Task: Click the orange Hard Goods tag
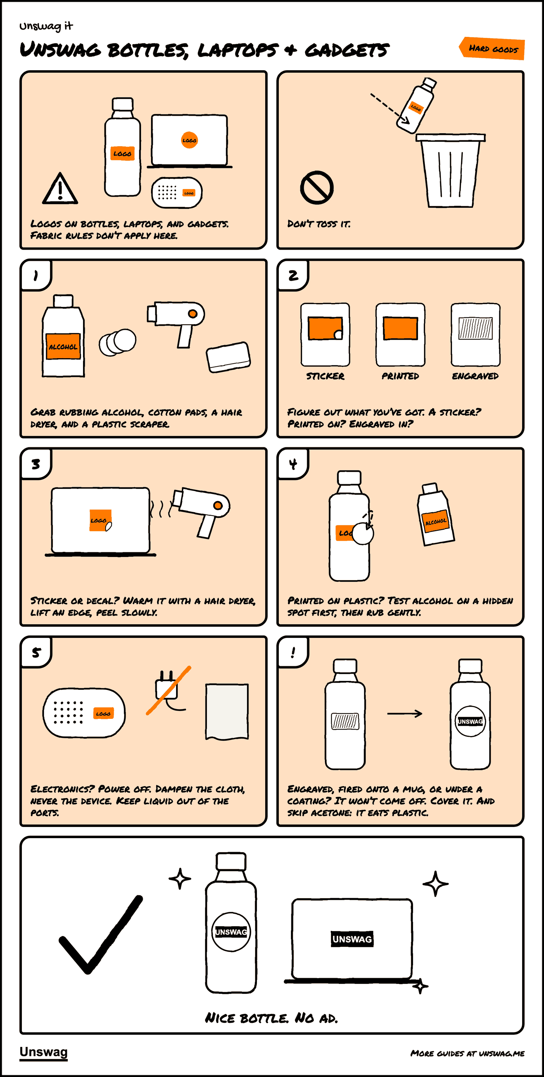click(492, 48)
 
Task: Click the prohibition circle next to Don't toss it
click(317, 187)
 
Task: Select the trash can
click(450, 170)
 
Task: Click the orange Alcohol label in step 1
click(63, 346)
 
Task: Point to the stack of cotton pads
click(117, 342)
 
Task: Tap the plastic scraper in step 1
click(228, 357)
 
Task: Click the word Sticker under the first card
click(325, 376)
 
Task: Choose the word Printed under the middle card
click(400, 376)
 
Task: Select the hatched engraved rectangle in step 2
click(476, 328)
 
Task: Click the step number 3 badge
click(36, 464)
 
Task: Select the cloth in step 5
click(227, 712)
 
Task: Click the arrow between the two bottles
click(404, 713)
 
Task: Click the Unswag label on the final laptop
click(352, 939)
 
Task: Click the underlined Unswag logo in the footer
click(43, 1052)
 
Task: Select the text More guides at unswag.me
click(467, 1053)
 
